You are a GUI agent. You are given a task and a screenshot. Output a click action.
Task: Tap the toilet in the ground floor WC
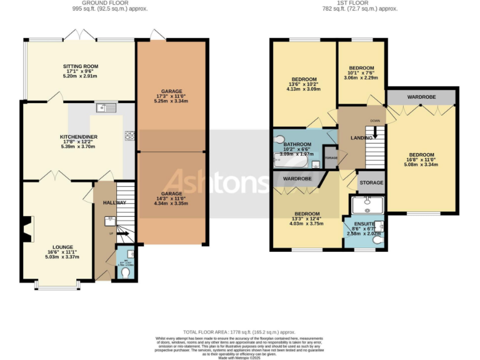(x=126, y=272)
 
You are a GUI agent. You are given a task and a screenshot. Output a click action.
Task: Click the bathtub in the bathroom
(x=291, y=162)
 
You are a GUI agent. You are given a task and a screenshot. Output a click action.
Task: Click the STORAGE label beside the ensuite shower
(x=372, y=182)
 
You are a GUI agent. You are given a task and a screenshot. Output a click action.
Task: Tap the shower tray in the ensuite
(x=367, y=205)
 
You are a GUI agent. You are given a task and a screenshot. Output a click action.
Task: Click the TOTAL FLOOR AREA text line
(x=239, y=331)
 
